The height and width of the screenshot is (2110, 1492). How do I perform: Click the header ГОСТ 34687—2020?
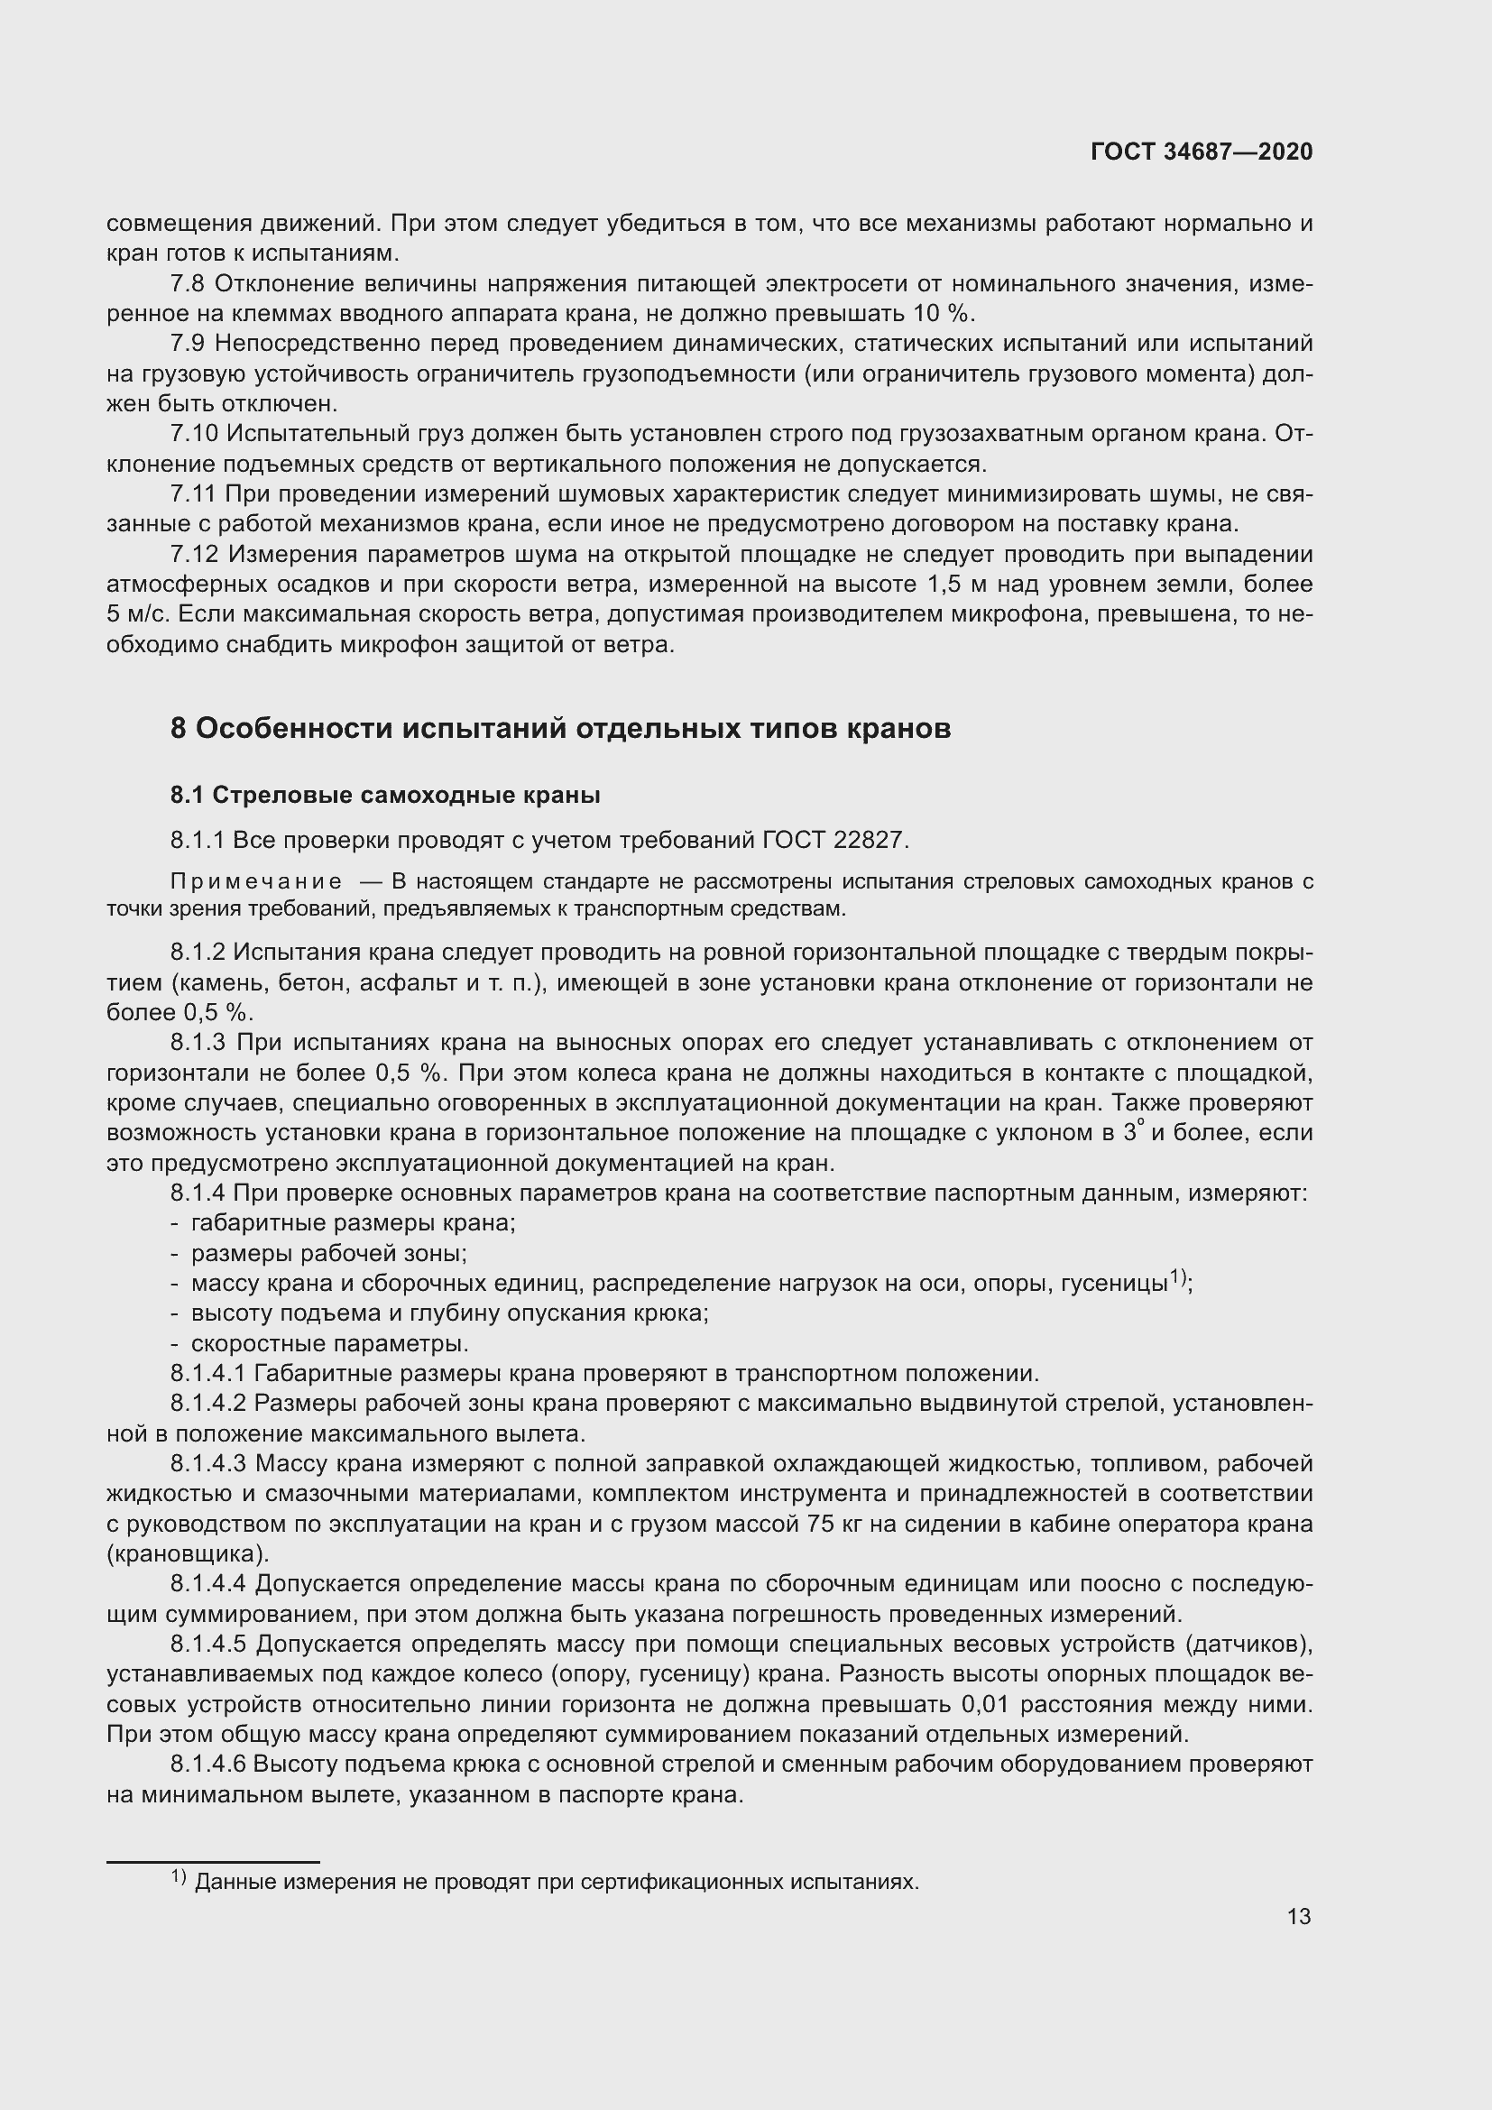pos(1201,152)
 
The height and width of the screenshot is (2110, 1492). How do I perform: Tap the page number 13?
pos(1299,1916)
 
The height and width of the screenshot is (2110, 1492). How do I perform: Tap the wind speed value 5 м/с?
pos(137,615)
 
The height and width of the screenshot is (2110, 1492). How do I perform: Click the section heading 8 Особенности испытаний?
pos(560,728)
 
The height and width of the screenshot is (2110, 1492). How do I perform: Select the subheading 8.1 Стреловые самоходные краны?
pos(385,795)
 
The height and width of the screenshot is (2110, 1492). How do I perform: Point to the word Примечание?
pos(256,882)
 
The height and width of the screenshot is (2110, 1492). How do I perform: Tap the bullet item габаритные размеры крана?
pos(353,1223)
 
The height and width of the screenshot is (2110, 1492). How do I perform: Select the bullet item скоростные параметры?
pos(330,1343)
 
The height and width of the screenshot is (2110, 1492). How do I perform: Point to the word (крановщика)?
pos(189,1554)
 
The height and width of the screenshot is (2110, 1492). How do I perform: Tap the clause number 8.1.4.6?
pos(207,1764)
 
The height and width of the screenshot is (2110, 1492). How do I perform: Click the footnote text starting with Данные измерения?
pos(557,1882)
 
